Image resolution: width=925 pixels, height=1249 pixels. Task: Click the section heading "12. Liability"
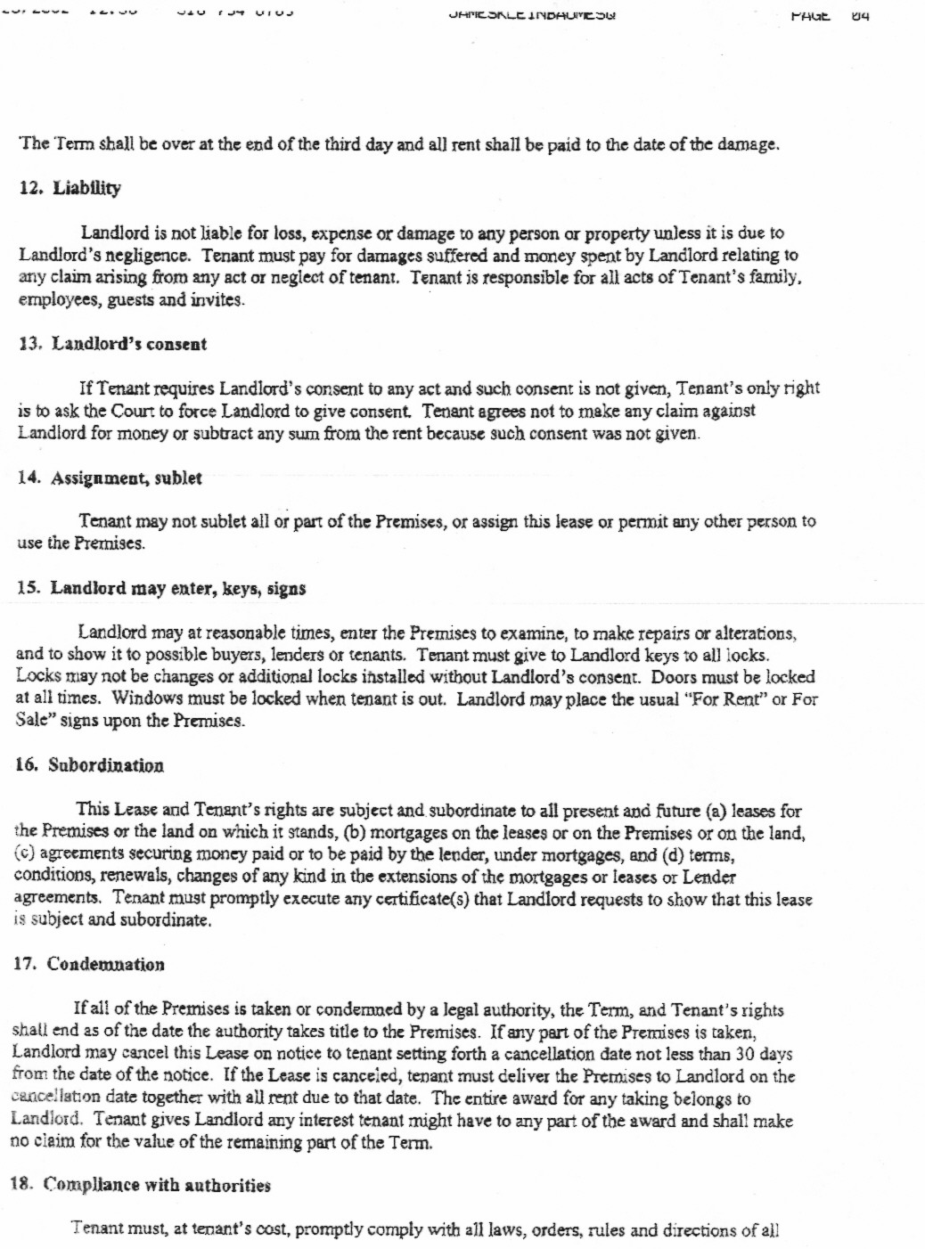point(70,188)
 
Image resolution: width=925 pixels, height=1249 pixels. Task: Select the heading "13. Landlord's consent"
point(112,344)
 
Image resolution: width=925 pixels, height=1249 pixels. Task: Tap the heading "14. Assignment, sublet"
point(110,478)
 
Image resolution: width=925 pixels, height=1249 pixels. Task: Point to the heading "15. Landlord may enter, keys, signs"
point(161,589)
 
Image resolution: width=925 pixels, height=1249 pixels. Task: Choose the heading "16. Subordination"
point(90,765)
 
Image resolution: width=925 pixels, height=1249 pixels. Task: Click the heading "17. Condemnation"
point(89,965)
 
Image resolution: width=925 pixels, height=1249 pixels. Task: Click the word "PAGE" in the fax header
point(810,16)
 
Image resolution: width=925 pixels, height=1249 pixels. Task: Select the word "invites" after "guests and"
point(215,299)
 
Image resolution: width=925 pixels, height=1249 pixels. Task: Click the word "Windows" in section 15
point(146,698)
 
